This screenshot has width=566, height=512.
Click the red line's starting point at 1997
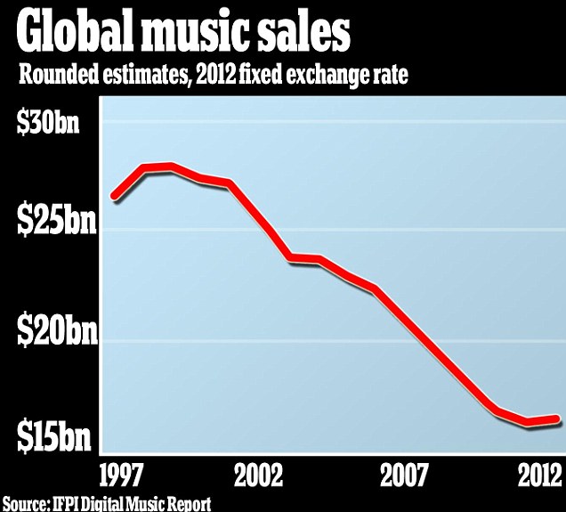(114, 195)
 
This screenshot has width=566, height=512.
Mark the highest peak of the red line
(170, 167)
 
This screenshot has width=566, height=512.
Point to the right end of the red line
(557, 419)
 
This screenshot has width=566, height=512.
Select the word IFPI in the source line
(69, 503)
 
